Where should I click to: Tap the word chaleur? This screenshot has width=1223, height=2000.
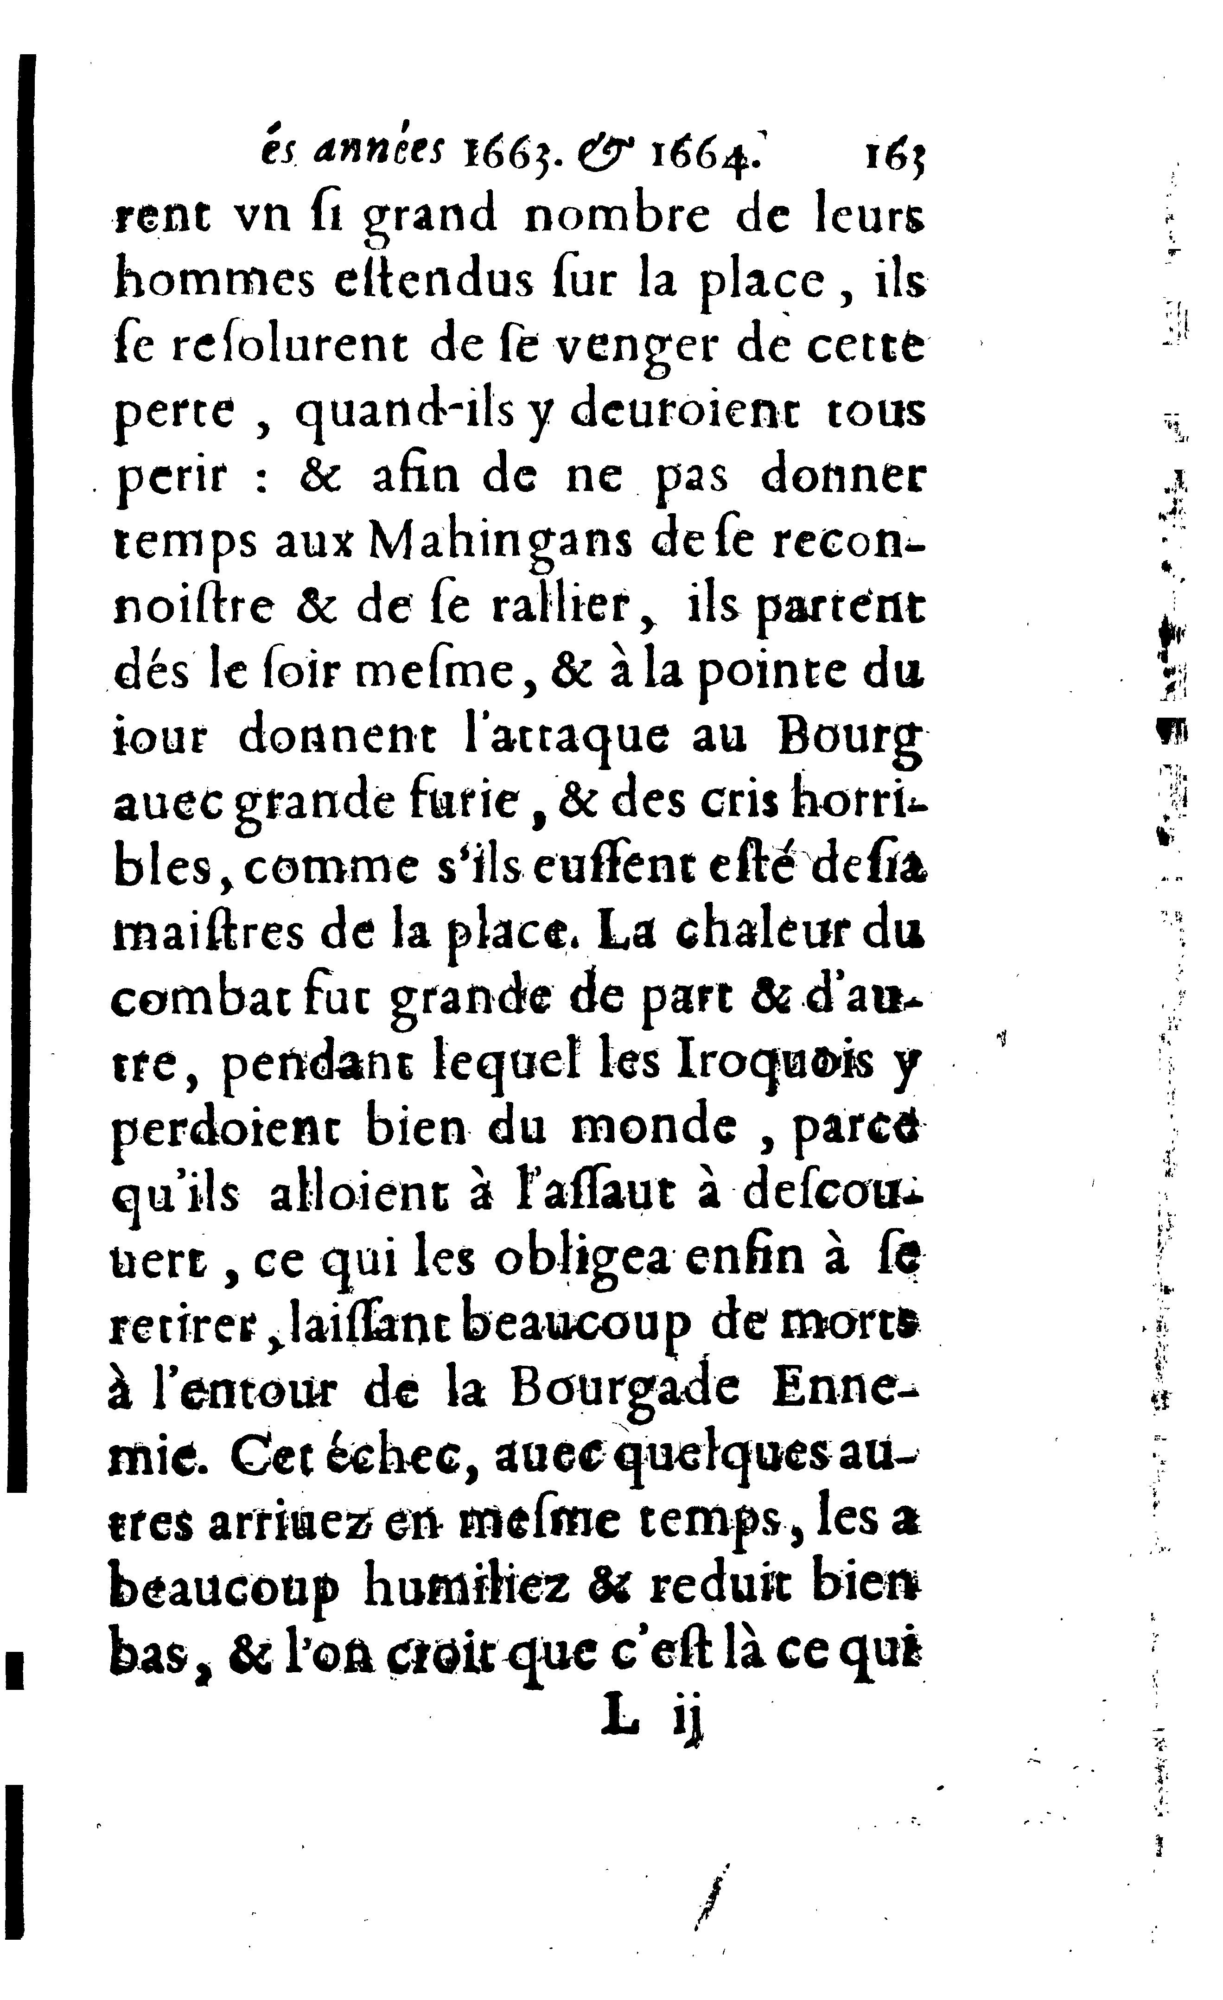[740, 933]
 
